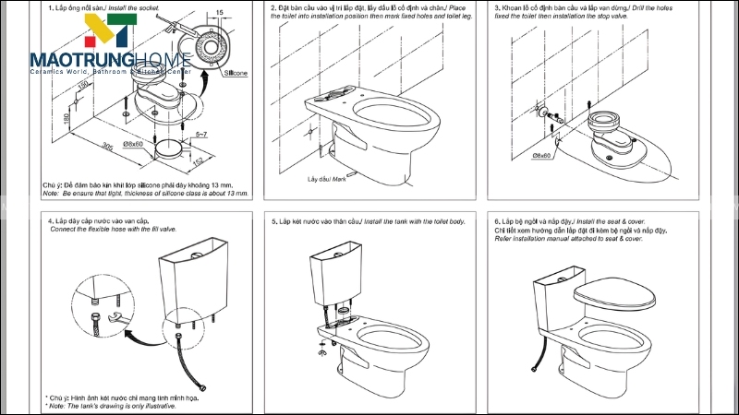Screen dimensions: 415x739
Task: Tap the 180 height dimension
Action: coord(55,118)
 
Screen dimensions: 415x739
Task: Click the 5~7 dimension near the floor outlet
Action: coord(200,135)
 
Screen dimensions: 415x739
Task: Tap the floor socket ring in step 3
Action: coord(611,124)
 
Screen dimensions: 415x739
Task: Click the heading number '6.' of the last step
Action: coord(497,221)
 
